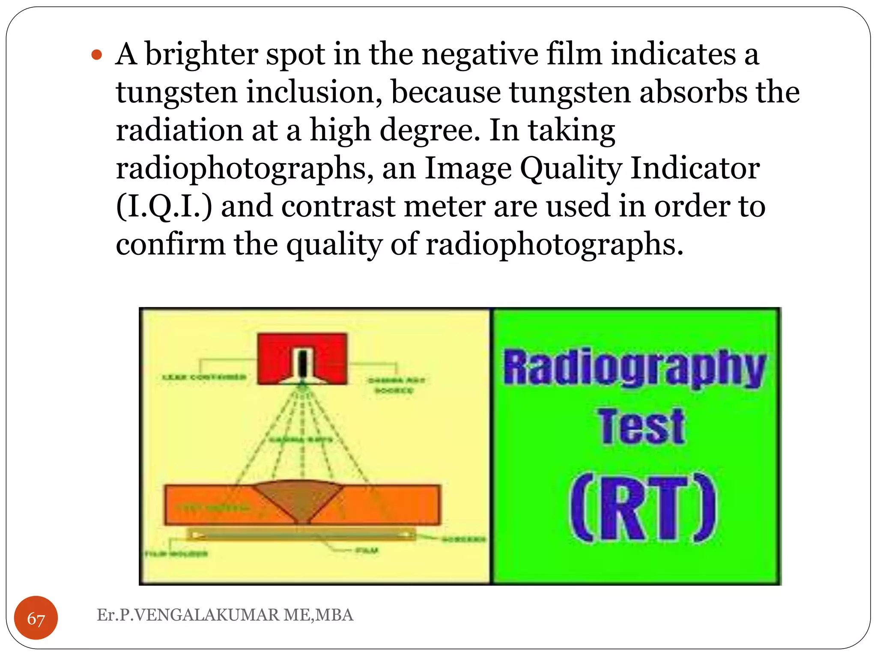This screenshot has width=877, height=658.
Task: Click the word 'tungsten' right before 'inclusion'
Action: [176, 93]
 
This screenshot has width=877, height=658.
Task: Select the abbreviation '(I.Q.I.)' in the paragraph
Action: [164, 206]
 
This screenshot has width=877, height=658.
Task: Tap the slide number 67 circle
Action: [36, 618]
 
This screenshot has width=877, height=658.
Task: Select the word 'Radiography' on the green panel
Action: [634, 368]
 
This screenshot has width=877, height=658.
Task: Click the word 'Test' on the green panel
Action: [641, 426]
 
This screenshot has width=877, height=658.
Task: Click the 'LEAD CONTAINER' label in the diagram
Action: [204, 377]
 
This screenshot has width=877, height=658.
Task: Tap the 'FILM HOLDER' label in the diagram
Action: [176, 554]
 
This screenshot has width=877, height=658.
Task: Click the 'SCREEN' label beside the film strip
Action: [463, 539]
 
